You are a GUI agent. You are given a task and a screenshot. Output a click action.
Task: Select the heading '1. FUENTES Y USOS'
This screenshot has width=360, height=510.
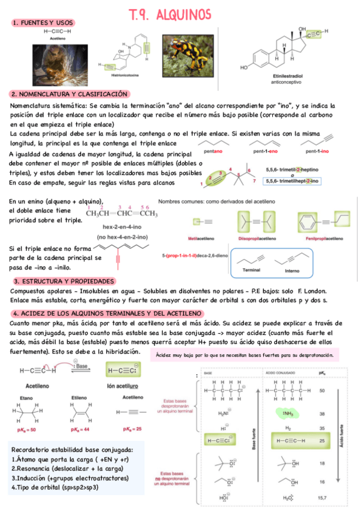coord(39,22)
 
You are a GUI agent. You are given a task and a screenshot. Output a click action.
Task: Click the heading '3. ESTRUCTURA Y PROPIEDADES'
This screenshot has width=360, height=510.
coord(64,281)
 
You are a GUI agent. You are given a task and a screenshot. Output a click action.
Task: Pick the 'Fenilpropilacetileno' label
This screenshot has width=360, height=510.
coord(323,238)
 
